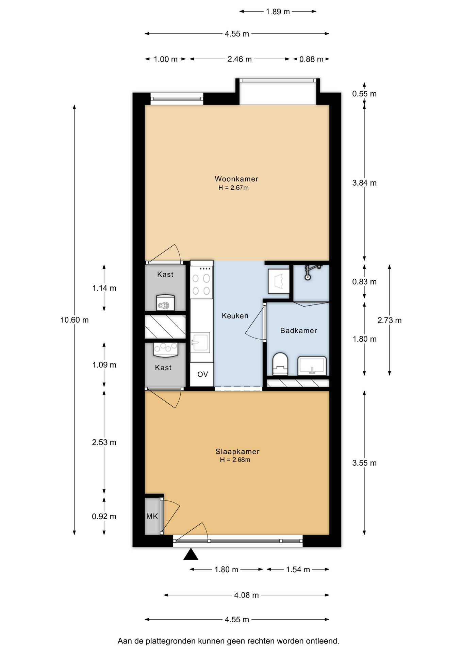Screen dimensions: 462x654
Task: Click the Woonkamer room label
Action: (x=236, y=179)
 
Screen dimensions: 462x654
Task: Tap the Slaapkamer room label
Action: (x=237, y=451)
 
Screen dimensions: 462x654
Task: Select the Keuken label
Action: (x=235, y=316)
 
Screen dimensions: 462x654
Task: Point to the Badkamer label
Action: (x=298, y=330)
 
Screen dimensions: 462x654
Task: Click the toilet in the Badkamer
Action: (x=280, y=364)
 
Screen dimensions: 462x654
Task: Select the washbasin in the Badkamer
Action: (x=312, y=365)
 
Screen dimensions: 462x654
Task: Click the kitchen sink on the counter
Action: (x=200, y=342)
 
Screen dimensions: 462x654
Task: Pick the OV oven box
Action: (x=202, y=374)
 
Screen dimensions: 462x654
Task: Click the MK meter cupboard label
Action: (x=152, y=516)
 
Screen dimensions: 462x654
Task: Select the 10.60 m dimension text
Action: (x=75, y=320)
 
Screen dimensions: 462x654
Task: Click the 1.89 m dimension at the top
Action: (x=278, y=12)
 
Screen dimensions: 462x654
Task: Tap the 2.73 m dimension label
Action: (x=390, y=320)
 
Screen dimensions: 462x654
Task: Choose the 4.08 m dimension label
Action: (x=246, y=595)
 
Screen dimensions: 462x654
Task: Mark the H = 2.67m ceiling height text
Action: (x=233, y=188)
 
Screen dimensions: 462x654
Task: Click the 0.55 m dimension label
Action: (x=364, y=94)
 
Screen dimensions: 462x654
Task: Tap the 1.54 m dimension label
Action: (x=298, y=570)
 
